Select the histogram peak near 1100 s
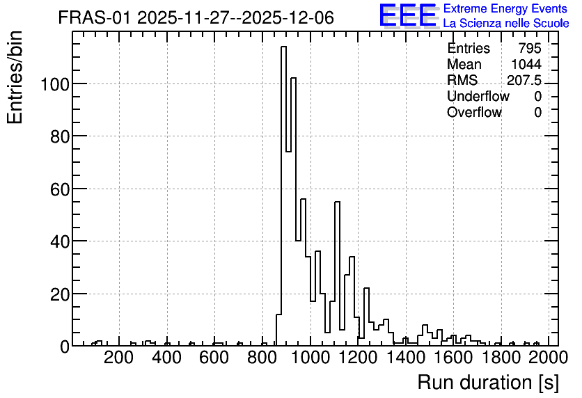(338, 273)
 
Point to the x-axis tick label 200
(119, 358)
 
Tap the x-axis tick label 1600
(454, 358)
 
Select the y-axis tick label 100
(54, 84)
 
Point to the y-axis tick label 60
(59, 189)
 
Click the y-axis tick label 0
(65, 347)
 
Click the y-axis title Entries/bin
(15, 77)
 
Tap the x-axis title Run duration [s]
(488, 382)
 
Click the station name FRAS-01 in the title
(94, 17)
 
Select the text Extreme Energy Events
(505, 8)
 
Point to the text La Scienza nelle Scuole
(506, 23)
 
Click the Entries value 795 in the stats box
(530, 48)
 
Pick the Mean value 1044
(526, 64)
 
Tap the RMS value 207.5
(524, 80)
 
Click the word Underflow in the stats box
(478, 96)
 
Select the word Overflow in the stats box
(474, 112)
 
